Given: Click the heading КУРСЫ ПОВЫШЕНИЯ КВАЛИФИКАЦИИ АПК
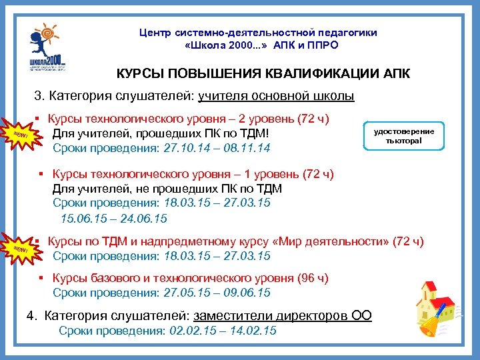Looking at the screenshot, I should point(263,73).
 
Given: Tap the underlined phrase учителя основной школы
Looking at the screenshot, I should point(276,97).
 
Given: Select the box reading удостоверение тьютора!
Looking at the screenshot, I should point(404,135).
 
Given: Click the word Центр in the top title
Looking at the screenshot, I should point(157,32).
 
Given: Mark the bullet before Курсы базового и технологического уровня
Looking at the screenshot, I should point(41,279).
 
